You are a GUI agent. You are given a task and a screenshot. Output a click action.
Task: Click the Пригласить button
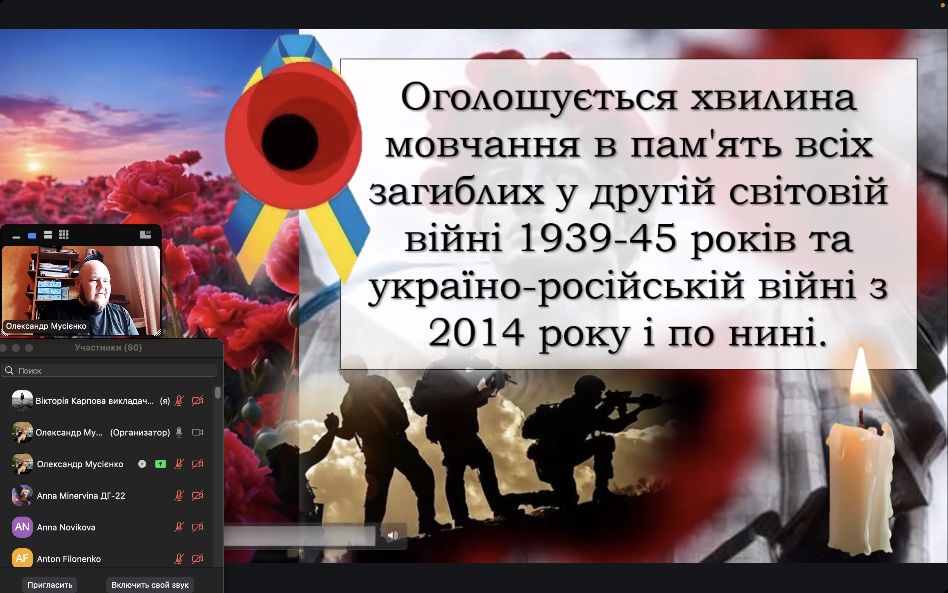click(x=50, y=585)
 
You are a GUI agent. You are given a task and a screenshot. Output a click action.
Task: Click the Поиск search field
click(x=109, y=371)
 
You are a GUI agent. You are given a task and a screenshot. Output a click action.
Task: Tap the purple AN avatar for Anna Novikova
click(x=22, y=527)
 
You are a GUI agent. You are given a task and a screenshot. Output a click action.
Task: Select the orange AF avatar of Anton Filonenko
click(x=22, y=558)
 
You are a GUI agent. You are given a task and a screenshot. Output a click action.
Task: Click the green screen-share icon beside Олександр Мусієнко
click(x=161, y=464)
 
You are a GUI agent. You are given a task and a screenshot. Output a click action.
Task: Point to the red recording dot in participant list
click(x=142, y=464)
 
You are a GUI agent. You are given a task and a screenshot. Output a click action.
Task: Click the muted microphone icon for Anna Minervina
click(x=179, y=496)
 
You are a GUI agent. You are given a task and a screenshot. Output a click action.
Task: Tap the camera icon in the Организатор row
click(x=197, y=432)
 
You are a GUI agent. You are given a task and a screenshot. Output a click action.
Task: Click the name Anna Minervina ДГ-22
click(x=81, y=496)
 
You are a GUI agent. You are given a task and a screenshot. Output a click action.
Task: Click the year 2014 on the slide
click(x=476, y=333)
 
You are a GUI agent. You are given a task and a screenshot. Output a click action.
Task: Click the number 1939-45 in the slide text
click(x=597, y=238)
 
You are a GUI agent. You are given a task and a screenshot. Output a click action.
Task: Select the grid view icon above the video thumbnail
click(x=64, y=235)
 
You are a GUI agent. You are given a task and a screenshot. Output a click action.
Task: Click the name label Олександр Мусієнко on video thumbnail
click(x=46, y=326)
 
